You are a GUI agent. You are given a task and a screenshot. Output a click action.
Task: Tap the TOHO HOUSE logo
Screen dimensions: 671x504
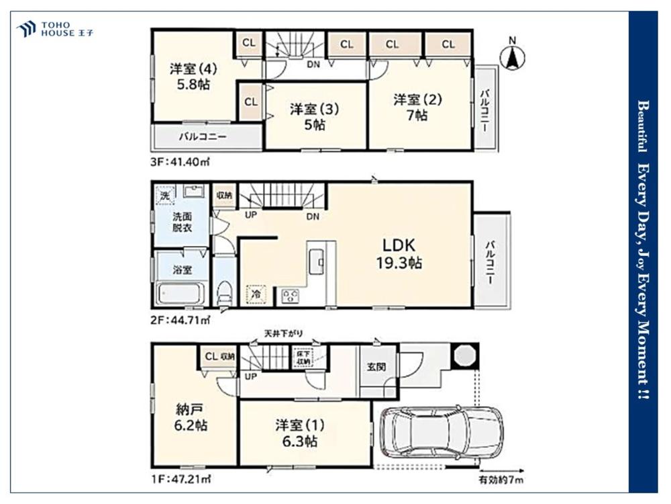coord(55,29)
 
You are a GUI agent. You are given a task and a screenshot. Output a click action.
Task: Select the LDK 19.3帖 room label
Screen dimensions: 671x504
coord(399,254)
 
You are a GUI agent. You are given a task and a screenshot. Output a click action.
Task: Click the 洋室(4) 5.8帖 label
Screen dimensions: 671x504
coord(193,77)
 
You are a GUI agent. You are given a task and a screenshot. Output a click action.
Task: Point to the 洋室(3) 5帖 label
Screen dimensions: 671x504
coord(315,116)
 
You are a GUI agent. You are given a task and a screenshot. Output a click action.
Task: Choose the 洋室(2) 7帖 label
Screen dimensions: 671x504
coord(417,107)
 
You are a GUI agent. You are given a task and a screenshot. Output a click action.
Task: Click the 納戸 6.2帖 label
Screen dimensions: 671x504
coord(191,417)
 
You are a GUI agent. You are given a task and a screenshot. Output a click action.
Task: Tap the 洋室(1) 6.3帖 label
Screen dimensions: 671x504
coord(300,433)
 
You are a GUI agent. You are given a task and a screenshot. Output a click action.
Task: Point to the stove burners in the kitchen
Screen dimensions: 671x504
coord(290,295)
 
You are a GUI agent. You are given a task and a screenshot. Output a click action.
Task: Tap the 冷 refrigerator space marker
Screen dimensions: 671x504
coord(256,294)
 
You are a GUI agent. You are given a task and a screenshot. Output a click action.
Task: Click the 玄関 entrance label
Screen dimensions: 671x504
coord(376,367)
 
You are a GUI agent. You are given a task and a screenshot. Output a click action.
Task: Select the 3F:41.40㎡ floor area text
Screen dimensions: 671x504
coord(180,162)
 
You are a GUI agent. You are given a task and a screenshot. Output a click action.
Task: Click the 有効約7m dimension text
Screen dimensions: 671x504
coord(501,480)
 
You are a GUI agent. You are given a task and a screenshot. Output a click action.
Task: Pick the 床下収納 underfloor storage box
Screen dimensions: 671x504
coord(303,358)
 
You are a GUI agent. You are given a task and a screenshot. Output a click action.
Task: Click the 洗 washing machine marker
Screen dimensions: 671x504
coord(165,196)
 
